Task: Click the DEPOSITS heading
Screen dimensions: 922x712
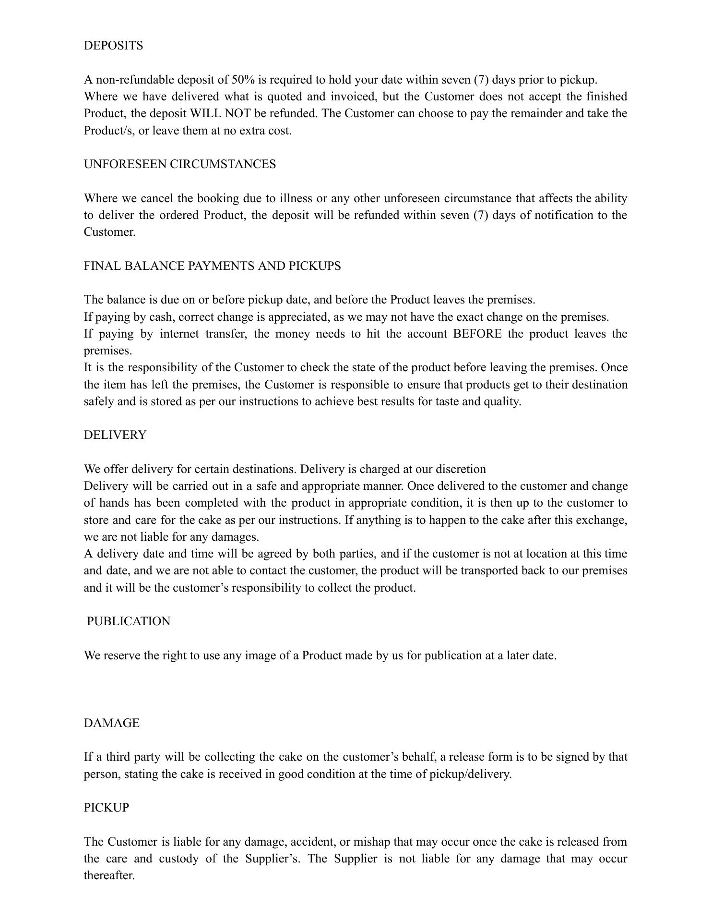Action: [113, 46]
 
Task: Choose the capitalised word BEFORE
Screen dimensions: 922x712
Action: [477, 334]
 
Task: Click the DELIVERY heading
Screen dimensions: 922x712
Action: [115, 435]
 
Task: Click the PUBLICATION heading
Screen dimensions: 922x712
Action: [129, 621]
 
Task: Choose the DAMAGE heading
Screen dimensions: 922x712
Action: [112, 723]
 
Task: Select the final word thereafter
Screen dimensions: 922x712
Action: [109, 875]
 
